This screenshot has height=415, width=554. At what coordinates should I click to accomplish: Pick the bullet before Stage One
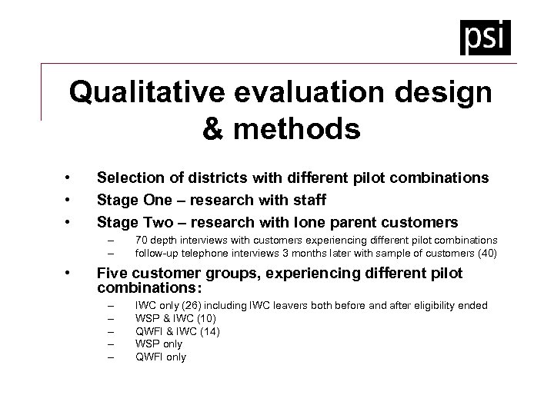click(69, 200)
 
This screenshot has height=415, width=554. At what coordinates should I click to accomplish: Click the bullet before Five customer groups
click(69, 273)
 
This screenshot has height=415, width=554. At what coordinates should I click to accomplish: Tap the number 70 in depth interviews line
click(142, 241)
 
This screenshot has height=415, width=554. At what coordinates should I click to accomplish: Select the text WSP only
click(159, 344)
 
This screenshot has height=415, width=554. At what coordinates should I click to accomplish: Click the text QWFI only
click(161, 357)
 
